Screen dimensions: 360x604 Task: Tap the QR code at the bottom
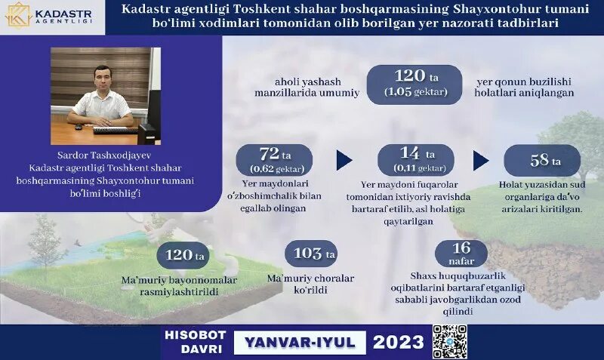click(449, 341)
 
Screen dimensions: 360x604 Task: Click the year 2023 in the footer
click(398, 342)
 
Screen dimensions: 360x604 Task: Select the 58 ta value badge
click(542, 161)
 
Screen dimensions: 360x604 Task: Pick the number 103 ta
click(313, 254)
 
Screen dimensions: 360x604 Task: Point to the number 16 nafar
click(460, 251)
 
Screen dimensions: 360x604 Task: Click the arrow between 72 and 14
click(345, 160)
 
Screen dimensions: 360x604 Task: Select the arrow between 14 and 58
click(481, 160)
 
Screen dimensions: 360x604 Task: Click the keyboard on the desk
click(115, 130)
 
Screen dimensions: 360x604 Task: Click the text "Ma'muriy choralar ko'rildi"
click(310, 283)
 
